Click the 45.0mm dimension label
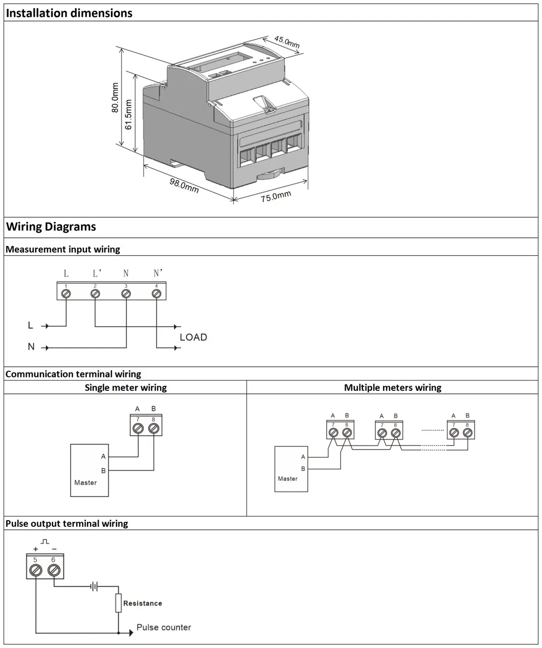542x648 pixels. click(x=287, y=42)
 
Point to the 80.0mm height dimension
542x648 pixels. click(x=115, y=98)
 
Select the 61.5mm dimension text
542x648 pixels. click(x=128, y=114)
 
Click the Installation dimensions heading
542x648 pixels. click(x=69, y=13)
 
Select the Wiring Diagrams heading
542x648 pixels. click(x=51, y=227)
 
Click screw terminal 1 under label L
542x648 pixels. click(x=66, y=294)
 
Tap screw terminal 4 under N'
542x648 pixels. click(x=156, y=294)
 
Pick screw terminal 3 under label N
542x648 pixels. click(x=126, y=294)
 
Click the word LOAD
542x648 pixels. click(x=193, y=338)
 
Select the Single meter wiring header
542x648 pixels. click(x=125, y=388)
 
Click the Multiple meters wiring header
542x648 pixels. click(x=392, y=388)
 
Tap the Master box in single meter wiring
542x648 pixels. click(x=89, y=470)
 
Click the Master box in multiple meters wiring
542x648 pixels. click(x=291, y=470)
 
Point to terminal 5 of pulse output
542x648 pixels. click(x=36, y=571)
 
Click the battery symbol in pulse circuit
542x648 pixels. click(x=94, y=587)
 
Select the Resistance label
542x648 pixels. click(x=142, y=604)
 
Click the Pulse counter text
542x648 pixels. click(x=164, y=628)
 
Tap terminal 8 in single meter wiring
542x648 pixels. click(x=153, y=429)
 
